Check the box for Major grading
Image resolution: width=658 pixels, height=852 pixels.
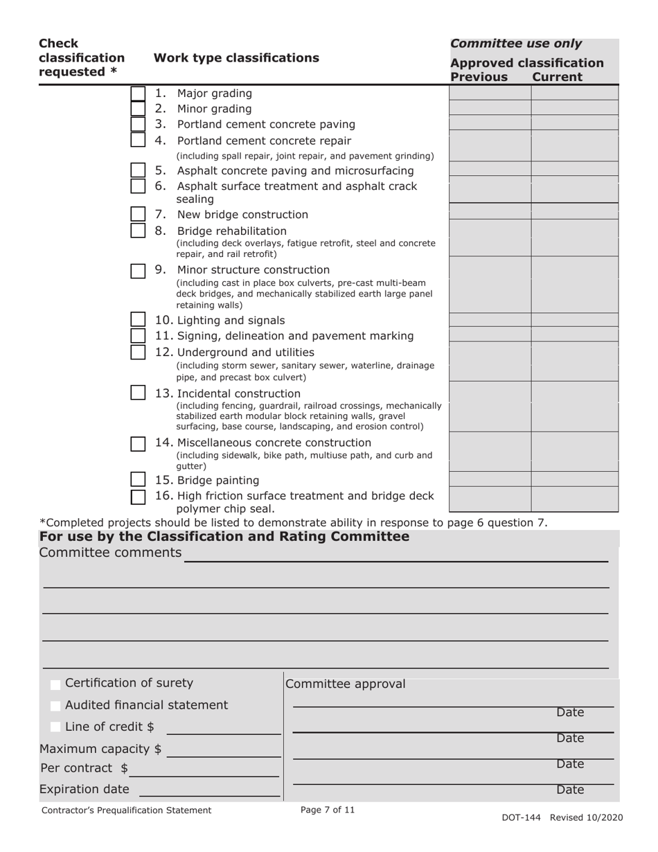138,94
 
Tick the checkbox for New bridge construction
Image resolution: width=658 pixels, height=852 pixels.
138,214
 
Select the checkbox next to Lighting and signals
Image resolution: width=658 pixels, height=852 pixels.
138,319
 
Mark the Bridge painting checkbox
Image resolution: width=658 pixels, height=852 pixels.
138,479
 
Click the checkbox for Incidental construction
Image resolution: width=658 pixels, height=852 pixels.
138,393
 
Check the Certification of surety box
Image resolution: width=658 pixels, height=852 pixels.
55,684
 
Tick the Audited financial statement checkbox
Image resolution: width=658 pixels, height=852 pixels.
55,706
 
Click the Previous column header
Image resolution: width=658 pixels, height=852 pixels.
479,77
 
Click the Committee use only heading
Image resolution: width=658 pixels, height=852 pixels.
516,44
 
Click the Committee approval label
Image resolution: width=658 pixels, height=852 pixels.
345,684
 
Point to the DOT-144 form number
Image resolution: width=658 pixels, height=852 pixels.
522,817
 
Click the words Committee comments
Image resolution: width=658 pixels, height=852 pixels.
110,553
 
